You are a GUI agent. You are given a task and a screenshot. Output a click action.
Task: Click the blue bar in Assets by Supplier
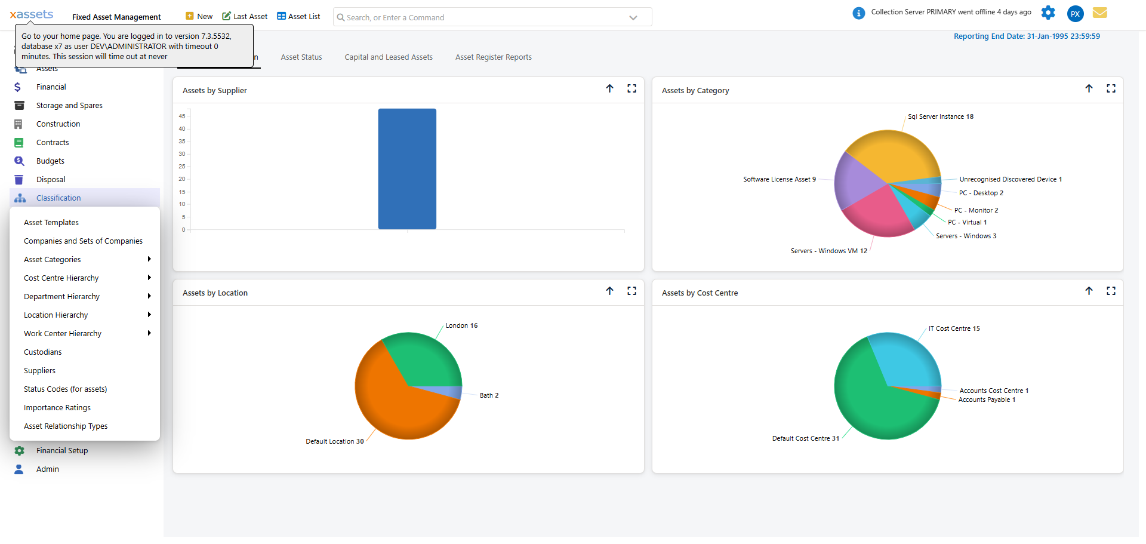[x=407, y=169]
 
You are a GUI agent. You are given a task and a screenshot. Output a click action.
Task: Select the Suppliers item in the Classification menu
[x=39, y=371]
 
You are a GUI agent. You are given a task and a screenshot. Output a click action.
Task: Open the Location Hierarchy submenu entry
[x=56, y=315]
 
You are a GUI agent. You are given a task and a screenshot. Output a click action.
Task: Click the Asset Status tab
[x=301, y=57]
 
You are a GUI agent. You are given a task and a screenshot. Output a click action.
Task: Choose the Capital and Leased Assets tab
[x=389, y=57]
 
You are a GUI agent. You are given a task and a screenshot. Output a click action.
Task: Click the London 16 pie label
[x=461, y=326]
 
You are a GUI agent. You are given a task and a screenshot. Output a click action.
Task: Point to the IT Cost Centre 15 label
[x=954, y=329]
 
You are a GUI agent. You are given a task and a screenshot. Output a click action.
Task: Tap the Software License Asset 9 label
[x=779, y=180]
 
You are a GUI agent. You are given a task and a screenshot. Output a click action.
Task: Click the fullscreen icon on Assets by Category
[x=1111, y=89]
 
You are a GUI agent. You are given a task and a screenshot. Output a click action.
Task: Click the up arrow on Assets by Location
[x=609, y=291]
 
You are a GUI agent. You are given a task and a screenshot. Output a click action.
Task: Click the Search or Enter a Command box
[x=483, y=18]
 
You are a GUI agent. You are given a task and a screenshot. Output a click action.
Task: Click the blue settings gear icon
[x=1048, y=13]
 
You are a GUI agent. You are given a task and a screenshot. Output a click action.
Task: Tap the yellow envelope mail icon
[x=1100, y=13]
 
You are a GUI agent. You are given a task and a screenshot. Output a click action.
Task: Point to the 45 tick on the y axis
[x=182, y=116]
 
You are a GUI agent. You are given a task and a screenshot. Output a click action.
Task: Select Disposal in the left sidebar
[x=51, y=180]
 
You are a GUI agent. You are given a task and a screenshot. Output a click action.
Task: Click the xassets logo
[x=32, y=15]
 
